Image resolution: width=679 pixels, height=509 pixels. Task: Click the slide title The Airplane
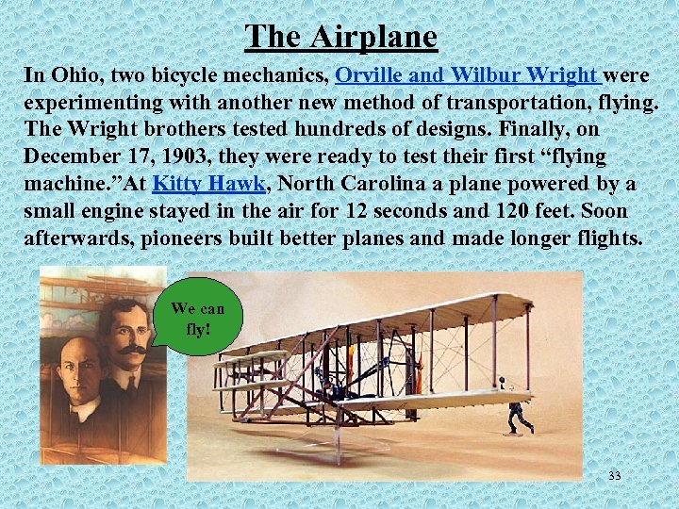click(x=341, y=37)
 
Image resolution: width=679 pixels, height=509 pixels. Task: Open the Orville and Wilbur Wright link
click(x=468, y=74)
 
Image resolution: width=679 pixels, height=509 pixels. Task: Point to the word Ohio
click(x=72, y=74)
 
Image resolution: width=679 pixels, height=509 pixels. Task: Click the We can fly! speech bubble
click(x=197, y=318)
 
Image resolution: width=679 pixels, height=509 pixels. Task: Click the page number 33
click(x=614, y=476)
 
